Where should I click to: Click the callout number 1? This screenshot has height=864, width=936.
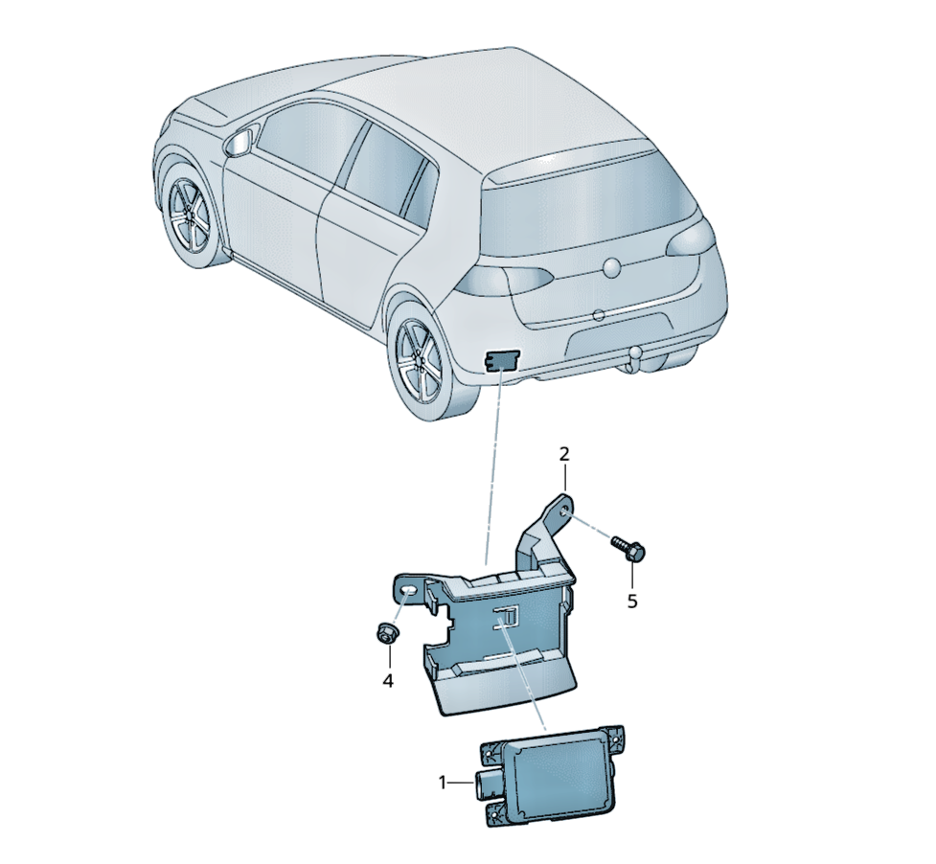tap(443, 783)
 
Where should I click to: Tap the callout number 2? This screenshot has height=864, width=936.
tap(564, 454)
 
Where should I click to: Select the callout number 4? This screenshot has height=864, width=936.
tap(388, 680)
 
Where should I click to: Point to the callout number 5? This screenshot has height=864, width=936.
tap(632, 601)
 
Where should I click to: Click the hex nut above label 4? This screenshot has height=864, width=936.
tap(387, 634)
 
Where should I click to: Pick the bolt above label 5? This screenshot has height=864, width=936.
tap(627, 546)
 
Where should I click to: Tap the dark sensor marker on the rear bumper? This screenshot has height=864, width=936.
tap(501, 360)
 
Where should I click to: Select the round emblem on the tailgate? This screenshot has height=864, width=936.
tap(614, 268)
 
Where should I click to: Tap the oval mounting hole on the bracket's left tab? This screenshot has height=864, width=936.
tap(409, 591)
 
